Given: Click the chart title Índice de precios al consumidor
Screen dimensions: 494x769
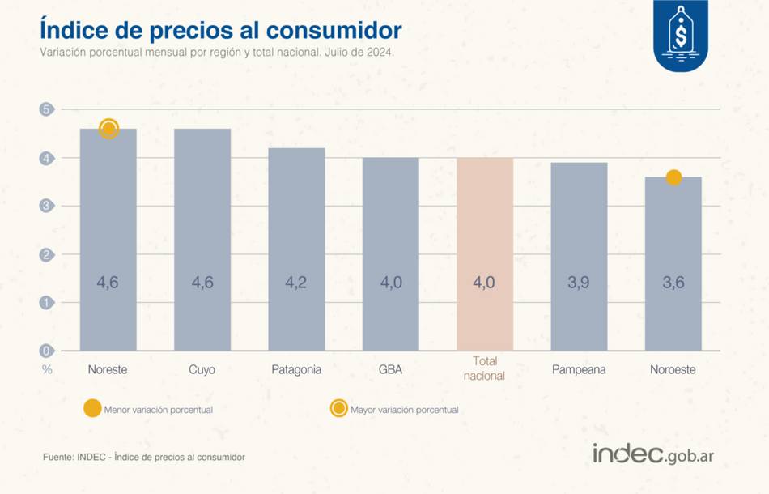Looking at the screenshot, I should (221, 30).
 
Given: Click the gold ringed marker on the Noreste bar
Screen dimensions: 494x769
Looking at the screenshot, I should (109, 129).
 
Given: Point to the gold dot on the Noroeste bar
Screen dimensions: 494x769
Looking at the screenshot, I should (673, 177).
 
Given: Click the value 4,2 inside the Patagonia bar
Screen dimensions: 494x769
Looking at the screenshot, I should (296, 283).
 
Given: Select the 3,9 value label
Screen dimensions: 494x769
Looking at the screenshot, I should (579, 283).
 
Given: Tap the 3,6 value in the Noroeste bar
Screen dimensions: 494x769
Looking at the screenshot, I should (673, 283).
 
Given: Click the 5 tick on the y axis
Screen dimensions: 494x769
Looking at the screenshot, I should (47, 109).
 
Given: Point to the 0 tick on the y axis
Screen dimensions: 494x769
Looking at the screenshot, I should (47, 351).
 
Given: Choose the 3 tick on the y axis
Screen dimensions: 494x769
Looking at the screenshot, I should (47, 206).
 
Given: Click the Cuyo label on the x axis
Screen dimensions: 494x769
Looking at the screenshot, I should (202, 369).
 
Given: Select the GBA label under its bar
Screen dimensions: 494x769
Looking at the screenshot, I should (390, 369).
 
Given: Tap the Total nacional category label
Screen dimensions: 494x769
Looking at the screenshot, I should (485, 368).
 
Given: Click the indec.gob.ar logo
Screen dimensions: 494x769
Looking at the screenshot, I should (652, 454).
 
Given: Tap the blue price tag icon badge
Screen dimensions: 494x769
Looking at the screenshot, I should (680, 35).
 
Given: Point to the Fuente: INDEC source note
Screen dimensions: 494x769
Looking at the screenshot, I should (144, 458).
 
